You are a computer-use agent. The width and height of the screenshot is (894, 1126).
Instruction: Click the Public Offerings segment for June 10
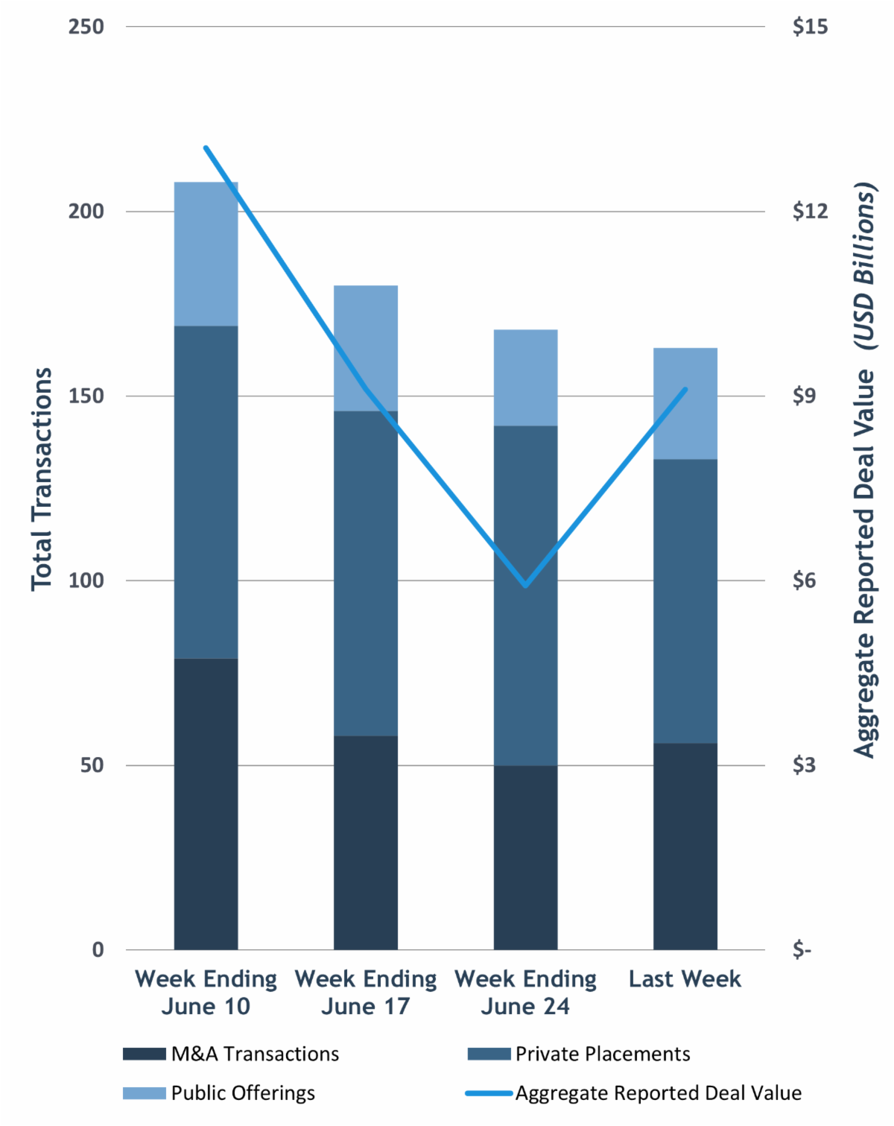[x=206, y=253]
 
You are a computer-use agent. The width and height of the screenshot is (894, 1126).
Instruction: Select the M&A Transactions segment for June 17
[x=365, y=842]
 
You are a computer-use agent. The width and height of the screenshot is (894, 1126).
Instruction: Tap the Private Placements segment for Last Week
[x=685, y=601]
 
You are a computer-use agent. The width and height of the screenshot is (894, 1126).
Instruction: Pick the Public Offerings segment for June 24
[x=525, y=377]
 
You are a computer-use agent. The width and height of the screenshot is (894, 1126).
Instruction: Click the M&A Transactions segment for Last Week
[x=685, y=846]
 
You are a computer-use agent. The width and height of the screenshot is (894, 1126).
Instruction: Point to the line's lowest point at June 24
[x=525, y=586]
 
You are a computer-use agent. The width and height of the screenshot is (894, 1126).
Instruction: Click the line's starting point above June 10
[x=206, y=148]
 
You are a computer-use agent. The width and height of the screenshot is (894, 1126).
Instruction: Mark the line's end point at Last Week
[x=685, y=389]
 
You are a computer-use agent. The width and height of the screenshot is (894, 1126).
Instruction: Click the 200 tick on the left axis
[x=86, y=211]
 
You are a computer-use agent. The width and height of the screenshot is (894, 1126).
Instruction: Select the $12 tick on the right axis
[x=810, y=211]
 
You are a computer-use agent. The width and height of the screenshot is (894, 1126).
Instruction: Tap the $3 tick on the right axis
[x=805, y=765]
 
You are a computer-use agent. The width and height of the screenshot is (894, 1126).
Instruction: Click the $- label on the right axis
[x=802, y=950]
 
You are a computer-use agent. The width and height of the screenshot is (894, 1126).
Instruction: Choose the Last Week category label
[x=685, y=978]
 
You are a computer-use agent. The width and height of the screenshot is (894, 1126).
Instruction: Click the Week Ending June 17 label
[x=365, y=992]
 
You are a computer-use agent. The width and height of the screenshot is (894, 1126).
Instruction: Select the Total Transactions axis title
[x=42, y=479]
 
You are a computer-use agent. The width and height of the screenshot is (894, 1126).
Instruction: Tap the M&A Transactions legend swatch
[x=145, y=1054]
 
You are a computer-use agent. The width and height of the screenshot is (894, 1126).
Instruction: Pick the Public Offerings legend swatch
[x=145, y=1092]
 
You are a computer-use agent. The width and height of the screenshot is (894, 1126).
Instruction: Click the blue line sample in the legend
[x=489, y=1093]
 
